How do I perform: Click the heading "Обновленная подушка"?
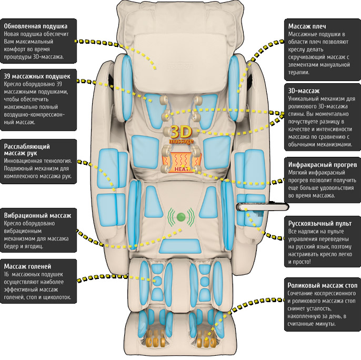[36, 26]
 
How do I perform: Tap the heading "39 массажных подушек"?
[37, 76]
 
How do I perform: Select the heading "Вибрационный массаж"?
[37, 216]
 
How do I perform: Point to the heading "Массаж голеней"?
[27, 266]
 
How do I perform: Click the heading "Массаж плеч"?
[307, 26]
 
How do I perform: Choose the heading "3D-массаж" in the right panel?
[304, 91]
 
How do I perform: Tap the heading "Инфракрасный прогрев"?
[323, 165]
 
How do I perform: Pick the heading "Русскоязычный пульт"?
[320, 223]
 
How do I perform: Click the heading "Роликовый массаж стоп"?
[323, 286]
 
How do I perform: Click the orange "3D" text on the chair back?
[181, 132]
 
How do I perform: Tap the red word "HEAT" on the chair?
[182, 169]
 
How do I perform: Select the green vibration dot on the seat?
[181, 216]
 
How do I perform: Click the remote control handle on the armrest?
[263, 206]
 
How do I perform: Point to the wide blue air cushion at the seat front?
[180, 246]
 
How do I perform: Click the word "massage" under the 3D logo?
[181, 141]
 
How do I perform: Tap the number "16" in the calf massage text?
[6, 275]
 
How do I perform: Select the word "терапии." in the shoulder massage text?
[299, 72]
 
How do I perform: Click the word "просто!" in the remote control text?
[302, 262]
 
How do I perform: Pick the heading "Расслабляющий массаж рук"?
[27, 149]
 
